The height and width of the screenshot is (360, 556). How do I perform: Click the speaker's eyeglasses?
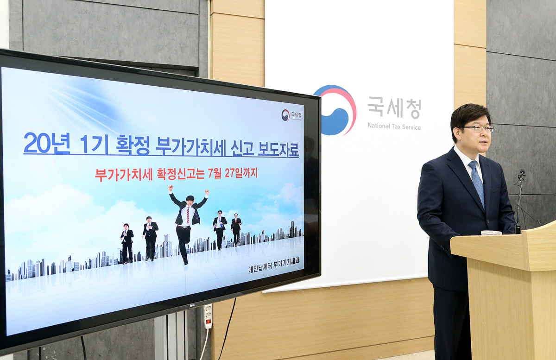point(477,128)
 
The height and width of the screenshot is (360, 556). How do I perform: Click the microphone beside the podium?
point(522,175)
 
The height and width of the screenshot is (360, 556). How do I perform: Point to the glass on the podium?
point(491,233)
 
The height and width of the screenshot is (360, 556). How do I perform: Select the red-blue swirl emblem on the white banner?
point(335,110)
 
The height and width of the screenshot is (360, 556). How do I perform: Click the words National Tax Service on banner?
point(394,126)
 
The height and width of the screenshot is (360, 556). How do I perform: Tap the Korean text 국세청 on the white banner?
point(394,108)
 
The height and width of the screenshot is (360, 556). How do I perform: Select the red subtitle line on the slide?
point(176,174)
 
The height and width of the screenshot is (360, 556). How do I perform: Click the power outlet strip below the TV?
point(208,316)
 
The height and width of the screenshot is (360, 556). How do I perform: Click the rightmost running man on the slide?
point(236,228)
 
